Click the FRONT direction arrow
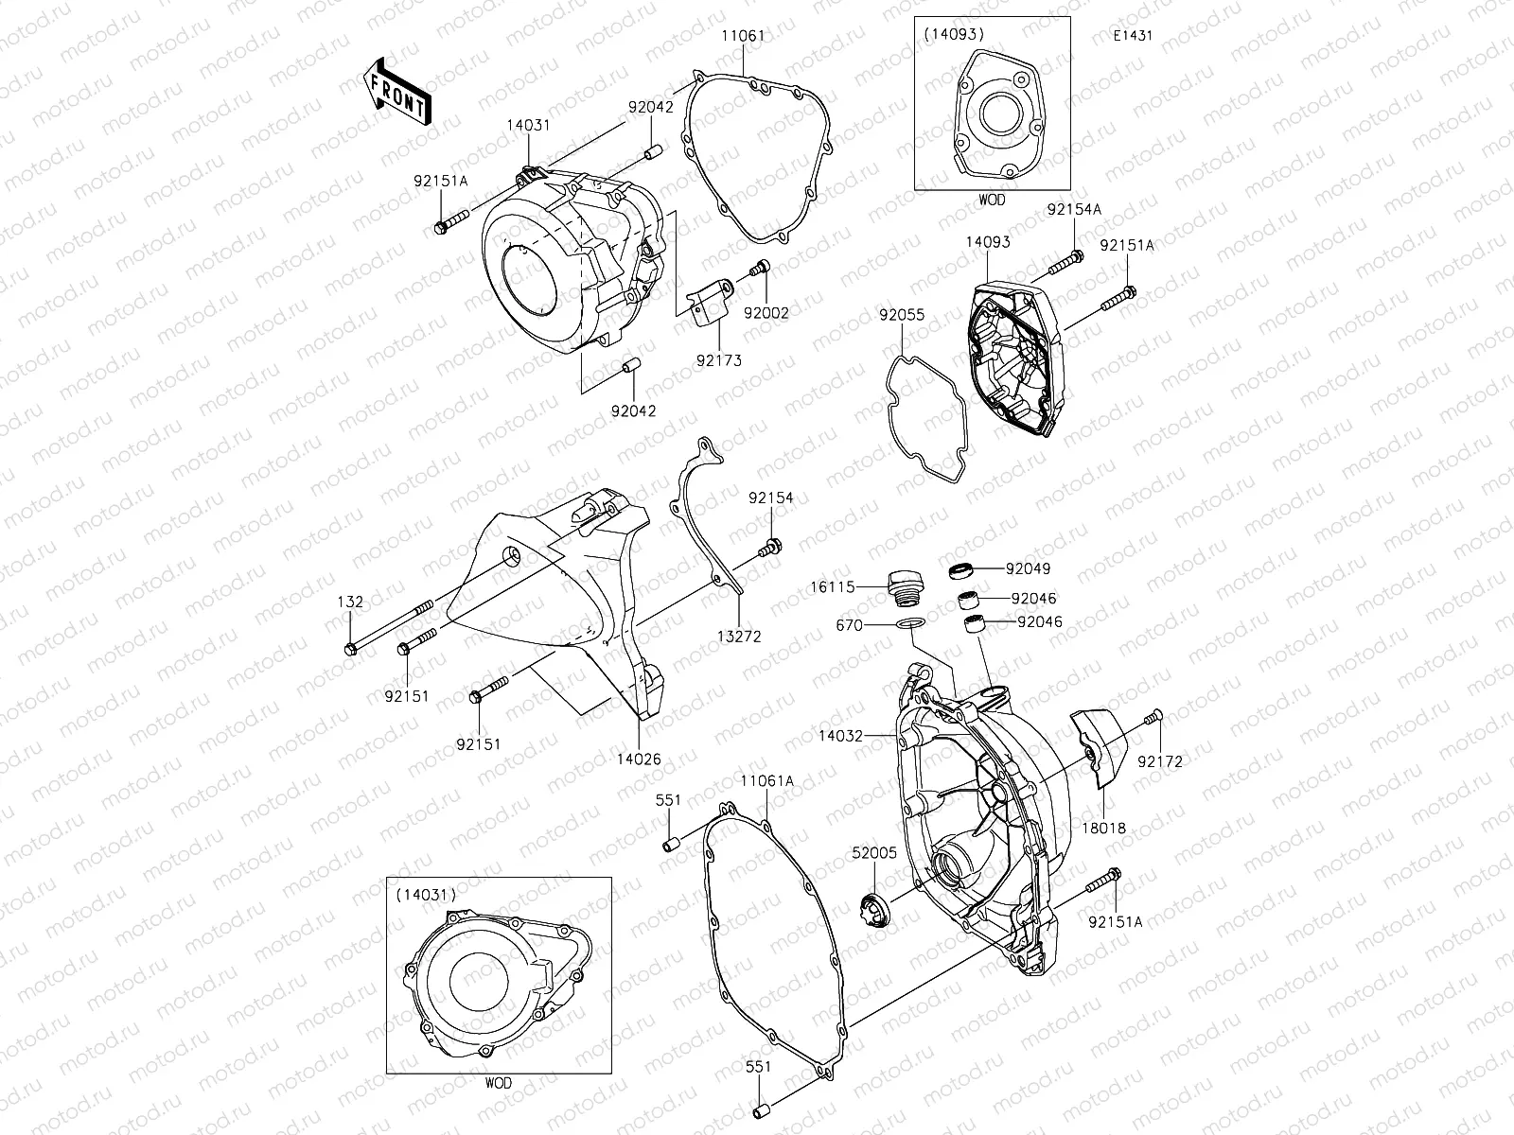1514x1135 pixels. (396, 91)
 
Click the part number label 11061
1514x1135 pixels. (743, 35)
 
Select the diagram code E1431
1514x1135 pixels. (1134, 37)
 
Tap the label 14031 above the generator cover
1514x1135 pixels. (528, 125)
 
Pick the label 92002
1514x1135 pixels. (766, 312)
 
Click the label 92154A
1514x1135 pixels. (1073, 208)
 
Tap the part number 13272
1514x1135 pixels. (739, 637)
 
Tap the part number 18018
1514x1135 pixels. (1103, 828)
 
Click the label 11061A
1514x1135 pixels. (767, 781)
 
